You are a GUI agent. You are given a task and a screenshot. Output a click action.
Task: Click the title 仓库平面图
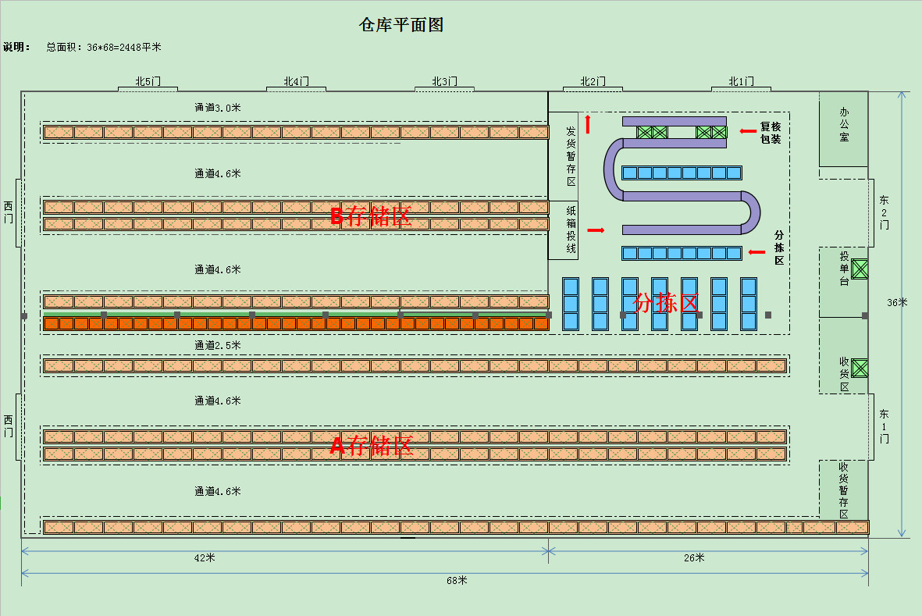(x=401, y=25)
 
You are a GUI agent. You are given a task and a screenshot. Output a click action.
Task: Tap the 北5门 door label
(x=148, y=81)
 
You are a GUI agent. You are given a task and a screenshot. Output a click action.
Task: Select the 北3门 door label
(x=445, y=81)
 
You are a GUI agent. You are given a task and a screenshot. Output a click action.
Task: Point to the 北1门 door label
(x=741, y=81)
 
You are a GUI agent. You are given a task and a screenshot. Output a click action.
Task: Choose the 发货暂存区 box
(x=571, y=155)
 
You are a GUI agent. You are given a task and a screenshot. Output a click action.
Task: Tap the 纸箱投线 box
(x=571, y=230)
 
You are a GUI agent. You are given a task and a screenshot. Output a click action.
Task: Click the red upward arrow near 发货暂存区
(x=588, y=124)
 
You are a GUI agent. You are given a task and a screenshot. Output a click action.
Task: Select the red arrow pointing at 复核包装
(x=748, y=130)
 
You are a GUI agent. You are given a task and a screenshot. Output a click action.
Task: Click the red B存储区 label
(x=371, y=217)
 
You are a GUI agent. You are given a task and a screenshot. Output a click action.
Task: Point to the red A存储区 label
(x=371, y=447)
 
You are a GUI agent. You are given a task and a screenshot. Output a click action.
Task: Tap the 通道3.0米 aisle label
(x=218, y=108)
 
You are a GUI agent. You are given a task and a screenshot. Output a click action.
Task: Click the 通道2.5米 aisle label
(x=218, y=345)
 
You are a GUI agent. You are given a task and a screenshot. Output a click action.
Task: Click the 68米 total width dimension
(x=457, y=580)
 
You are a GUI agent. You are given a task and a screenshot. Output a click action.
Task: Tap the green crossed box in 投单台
(x=860, y=269)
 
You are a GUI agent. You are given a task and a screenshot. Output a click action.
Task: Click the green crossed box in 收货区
(x=860, y=368)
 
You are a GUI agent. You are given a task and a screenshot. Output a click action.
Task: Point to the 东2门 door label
(x=884, y=212)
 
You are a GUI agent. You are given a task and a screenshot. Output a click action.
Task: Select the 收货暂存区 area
(x=843, y=490)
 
